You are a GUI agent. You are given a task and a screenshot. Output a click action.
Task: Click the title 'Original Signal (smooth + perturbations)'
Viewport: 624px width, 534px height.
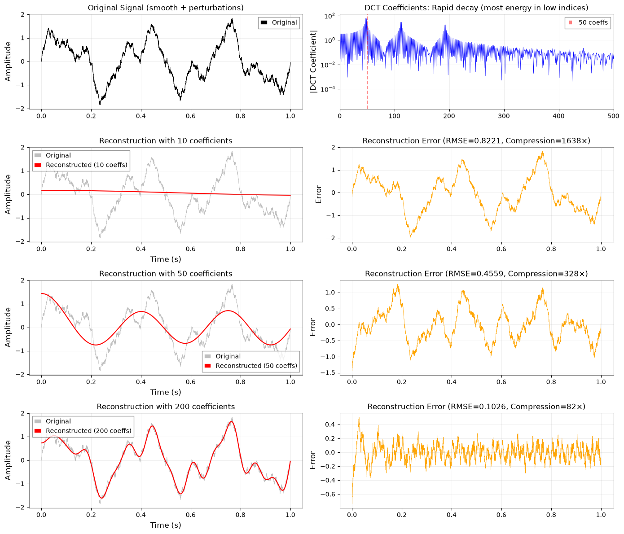pos(166,8)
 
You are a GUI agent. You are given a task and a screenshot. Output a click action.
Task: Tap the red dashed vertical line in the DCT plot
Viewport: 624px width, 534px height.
pos(367,61)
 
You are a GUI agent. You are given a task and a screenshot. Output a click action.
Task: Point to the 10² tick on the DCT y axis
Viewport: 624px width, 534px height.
pos(330,16)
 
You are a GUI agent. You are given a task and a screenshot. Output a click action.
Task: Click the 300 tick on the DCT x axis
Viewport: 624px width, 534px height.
pos(504,116)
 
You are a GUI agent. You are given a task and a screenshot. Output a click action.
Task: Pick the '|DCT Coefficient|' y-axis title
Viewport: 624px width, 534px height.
pos(313,61)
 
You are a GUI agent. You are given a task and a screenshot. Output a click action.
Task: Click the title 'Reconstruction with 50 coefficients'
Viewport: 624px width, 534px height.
pos(166,273)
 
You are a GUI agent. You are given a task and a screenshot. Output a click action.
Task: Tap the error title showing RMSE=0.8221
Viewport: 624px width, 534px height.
pos(476,140)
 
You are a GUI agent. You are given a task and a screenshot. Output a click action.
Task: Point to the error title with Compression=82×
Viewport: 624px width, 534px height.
pos(476,407)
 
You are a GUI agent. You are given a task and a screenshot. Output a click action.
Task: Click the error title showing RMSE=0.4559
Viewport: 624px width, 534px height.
pos(476,273)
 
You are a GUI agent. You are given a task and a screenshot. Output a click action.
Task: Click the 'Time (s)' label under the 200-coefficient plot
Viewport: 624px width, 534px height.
pos(166,525)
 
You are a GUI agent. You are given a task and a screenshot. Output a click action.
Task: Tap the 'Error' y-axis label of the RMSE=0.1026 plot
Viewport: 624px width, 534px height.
pos(312,460)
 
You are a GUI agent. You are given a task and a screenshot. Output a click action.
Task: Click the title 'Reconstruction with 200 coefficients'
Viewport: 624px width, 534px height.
pos(166,407)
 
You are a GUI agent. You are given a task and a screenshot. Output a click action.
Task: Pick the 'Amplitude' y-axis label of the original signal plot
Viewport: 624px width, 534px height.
pos(8,61)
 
